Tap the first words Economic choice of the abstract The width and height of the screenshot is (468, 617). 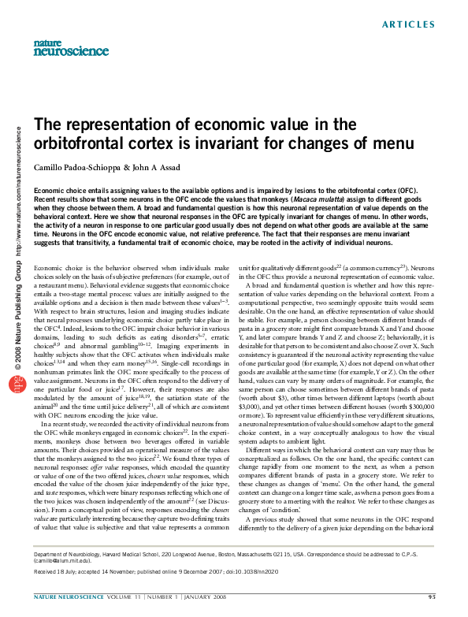click(56, 191)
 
